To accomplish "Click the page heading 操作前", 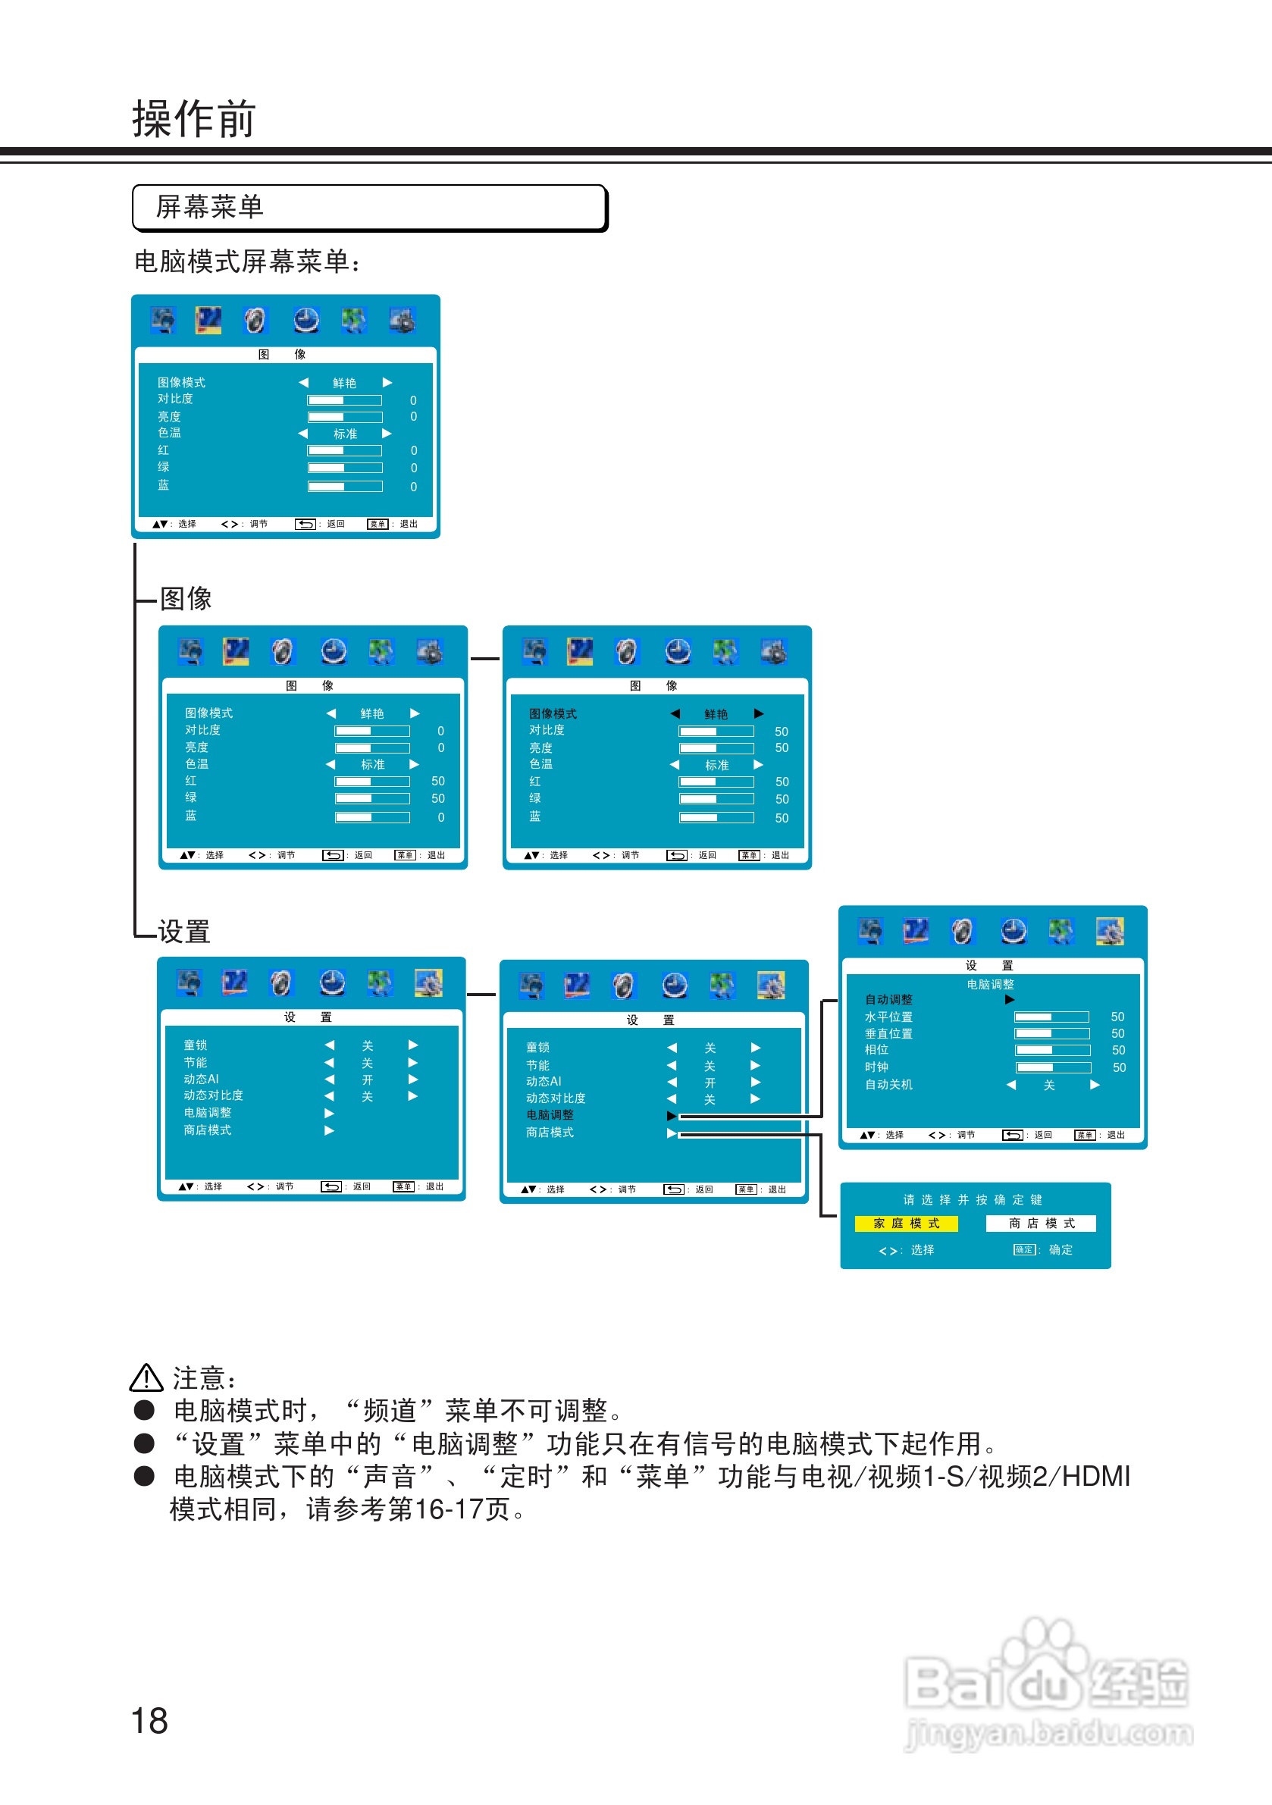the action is (193, 120).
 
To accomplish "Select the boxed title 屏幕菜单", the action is (209, 208).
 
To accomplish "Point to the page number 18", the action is (149, 1720).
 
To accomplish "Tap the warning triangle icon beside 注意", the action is (146, 1378).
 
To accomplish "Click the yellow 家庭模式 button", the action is (906, 1224).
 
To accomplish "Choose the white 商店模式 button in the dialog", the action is (1041, 1224).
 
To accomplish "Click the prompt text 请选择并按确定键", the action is (973, 1199).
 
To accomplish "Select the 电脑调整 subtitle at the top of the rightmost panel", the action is (990, 984).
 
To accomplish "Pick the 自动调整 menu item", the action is (888, 1000).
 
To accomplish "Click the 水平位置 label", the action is (888, 1017).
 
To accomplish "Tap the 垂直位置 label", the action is (888, 1034).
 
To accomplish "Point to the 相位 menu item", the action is (876, 1050).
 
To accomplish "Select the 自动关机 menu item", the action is (888, 1085).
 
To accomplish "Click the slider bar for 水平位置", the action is (1051, 1017).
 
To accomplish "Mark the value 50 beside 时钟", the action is (1119, 1067).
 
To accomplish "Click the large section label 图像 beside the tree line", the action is (186, 598).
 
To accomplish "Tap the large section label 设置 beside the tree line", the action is (184, 932).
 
